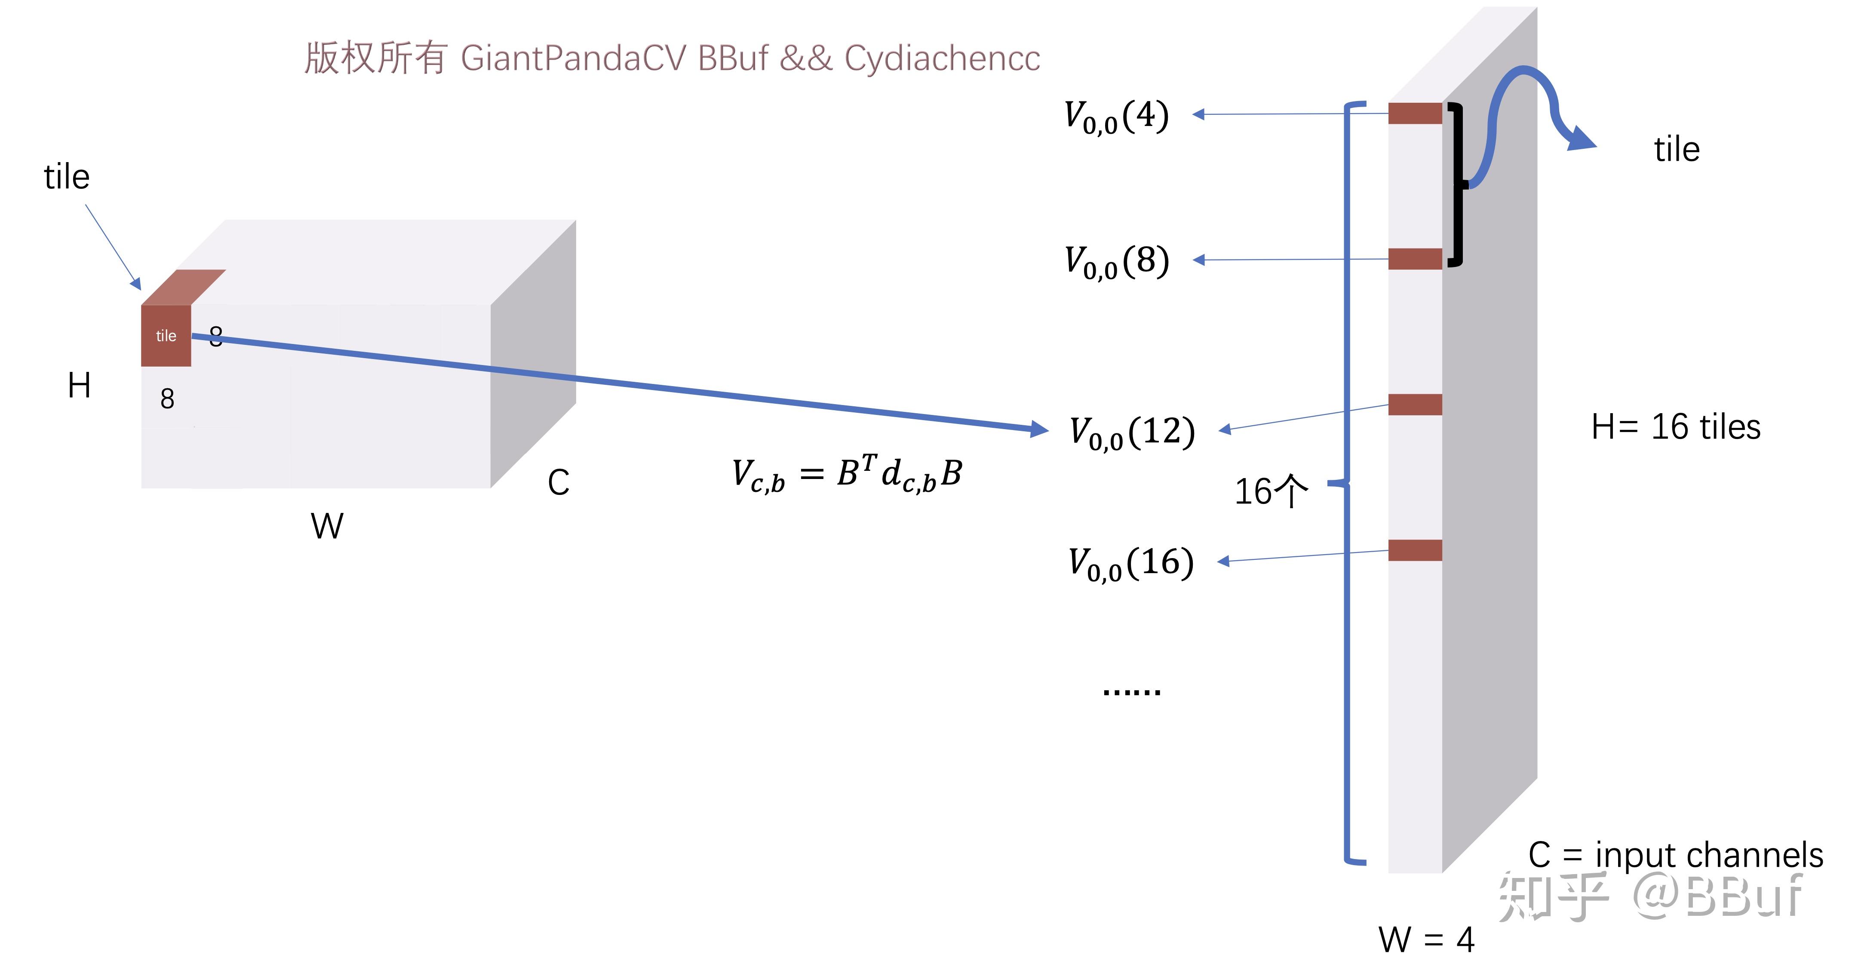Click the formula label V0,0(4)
1116,117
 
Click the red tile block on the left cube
166,335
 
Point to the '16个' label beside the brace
1271,492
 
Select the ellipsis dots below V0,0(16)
1131,692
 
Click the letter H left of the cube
79,386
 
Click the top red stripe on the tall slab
1415,114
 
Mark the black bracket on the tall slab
1456,185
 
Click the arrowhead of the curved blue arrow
1581,138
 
